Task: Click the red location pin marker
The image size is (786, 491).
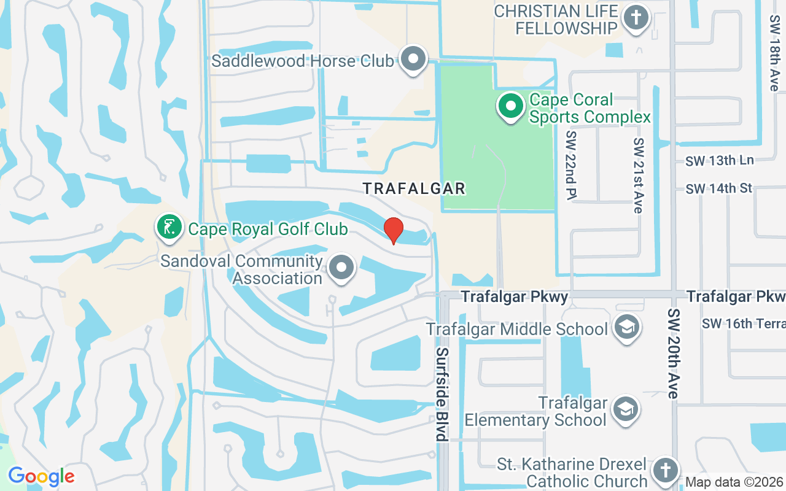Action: [394, 231]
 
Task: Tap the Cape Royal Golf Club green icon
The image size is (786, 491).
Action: [169, 227]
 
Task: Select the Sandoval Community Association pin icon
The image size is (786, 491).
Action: [341, 268]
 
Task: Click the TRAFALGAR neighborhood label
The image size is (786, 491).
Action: [414, 188]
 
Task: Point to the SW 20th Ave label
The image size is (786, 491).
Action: [673, 354]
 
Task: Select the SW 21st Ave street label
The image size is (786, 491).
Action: [639, 176]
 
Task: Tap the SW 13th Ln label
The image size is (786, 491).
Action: [719, 161]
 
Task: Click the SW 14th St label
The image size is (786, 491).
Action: [719, 188]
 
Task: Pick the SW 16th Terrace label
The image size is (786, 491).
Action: [743, 323]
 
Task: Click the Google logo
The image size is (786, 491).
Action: [41, 476]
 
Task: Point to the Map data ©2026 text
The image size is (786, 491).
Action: [734, 482]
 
